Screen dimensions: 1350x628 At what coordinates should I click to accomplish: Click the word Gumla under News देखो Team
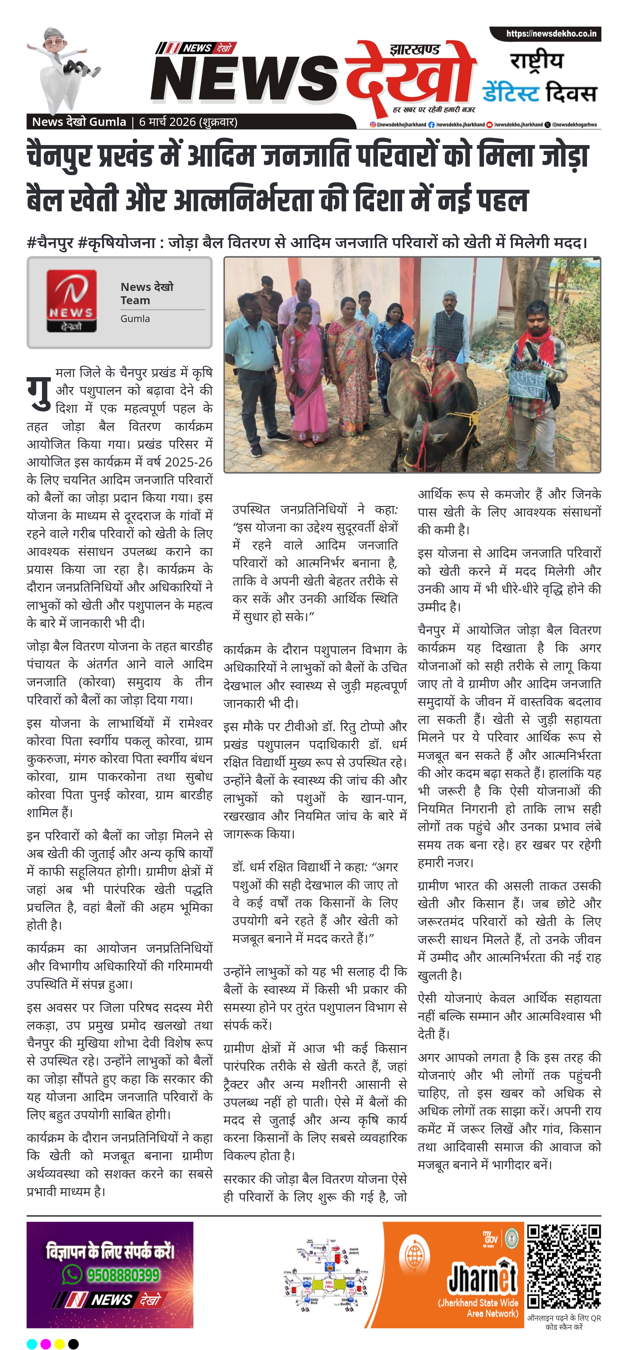click(135, 319)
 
